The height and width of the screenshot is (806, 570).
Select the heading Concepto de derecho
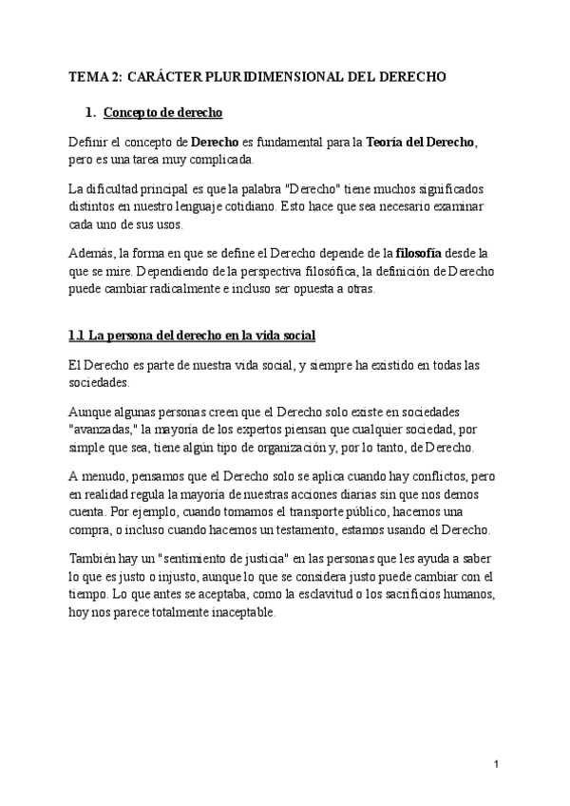coord(162,114)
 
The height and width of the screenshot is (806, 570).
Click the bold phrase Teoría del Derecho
coord(421,143)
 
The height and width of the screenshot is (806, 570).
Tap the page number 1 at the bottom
coord(497,765)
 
